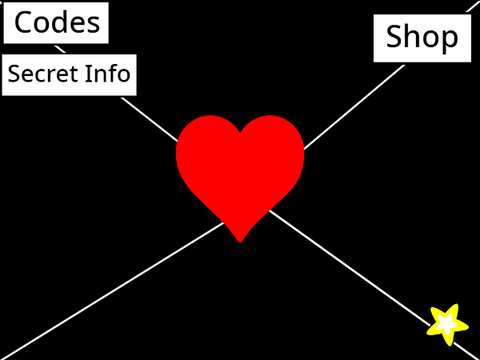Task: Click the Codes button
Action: [x=56, y=23]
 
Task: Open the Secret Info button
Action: [x=69, y=75]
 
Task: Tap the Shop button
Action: [x=422, y=38]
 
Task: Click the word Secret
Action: [x=44, y=73]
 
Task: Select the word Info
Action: [x=107, y=73]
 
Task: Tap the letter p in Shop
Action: [x=450, y=40]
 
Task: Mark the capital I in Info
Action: [x=88, y=73]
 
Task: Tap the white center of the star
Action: [x=447, y=324]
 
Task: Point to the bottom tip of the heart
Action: [x=240, y=242]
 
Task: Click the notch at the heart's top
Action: [x=240, y=132]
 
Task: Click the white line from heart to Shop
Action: [x=354, y=107]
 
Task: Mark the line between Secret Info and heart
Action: [x=149, y=119]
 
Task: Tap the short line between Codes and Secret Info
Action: [x=60, y=49]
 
